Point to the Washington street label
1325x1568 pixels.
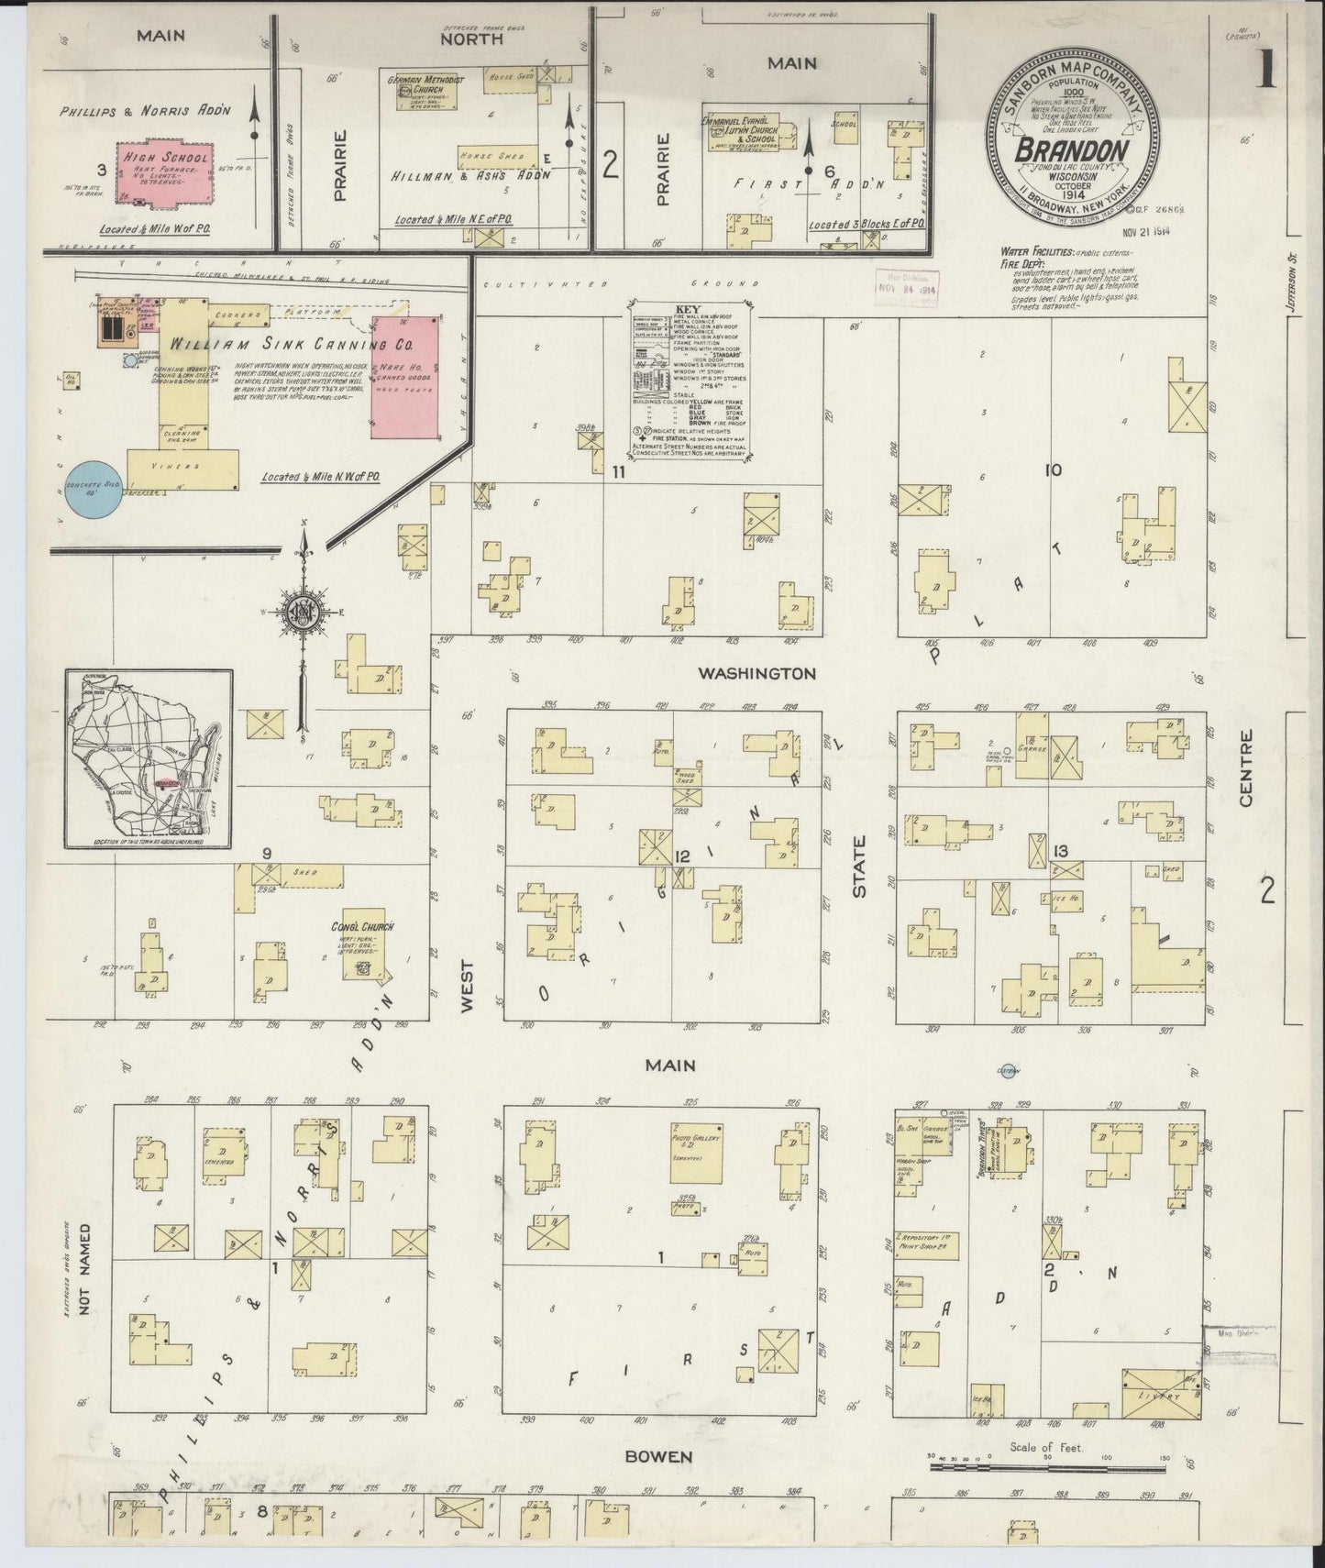pos(756,673)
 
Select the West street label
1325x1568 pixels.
pos(468,986)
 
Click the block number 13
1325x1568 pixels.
pos(1061,850)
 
